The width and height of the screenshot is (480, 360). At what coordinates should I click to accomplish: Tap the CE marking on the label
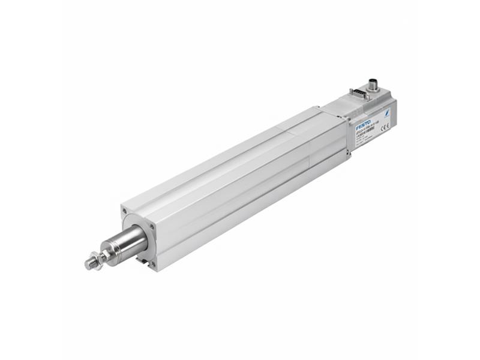click(385, 126)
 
